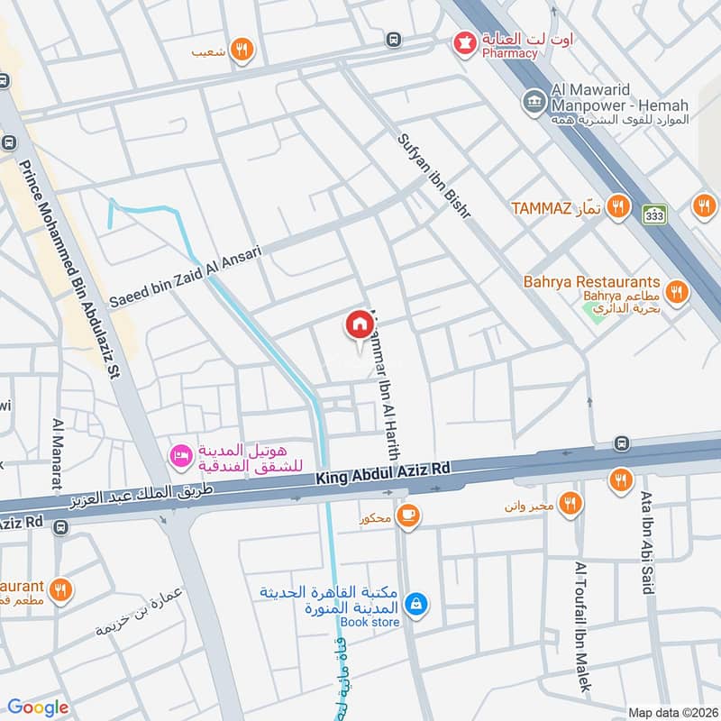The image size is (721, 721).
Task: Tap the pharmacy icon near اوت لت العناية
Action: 465,42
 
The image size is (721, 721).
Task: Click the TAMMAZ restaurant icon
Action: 617,207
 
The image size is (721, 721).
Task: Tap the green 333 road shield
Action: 654,214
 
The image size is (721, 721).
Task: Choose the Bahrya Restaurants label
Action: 592,282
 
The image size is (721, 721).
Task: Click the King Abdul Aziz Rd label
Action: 382,472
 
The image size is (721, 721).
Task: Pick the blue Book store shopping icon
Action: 415,604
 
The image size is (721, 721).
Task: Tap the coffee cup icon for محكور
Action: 409,515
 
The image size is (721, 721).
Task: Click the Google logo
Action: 38,707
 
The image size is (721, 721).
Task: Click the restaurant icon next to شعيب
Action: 240,50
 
